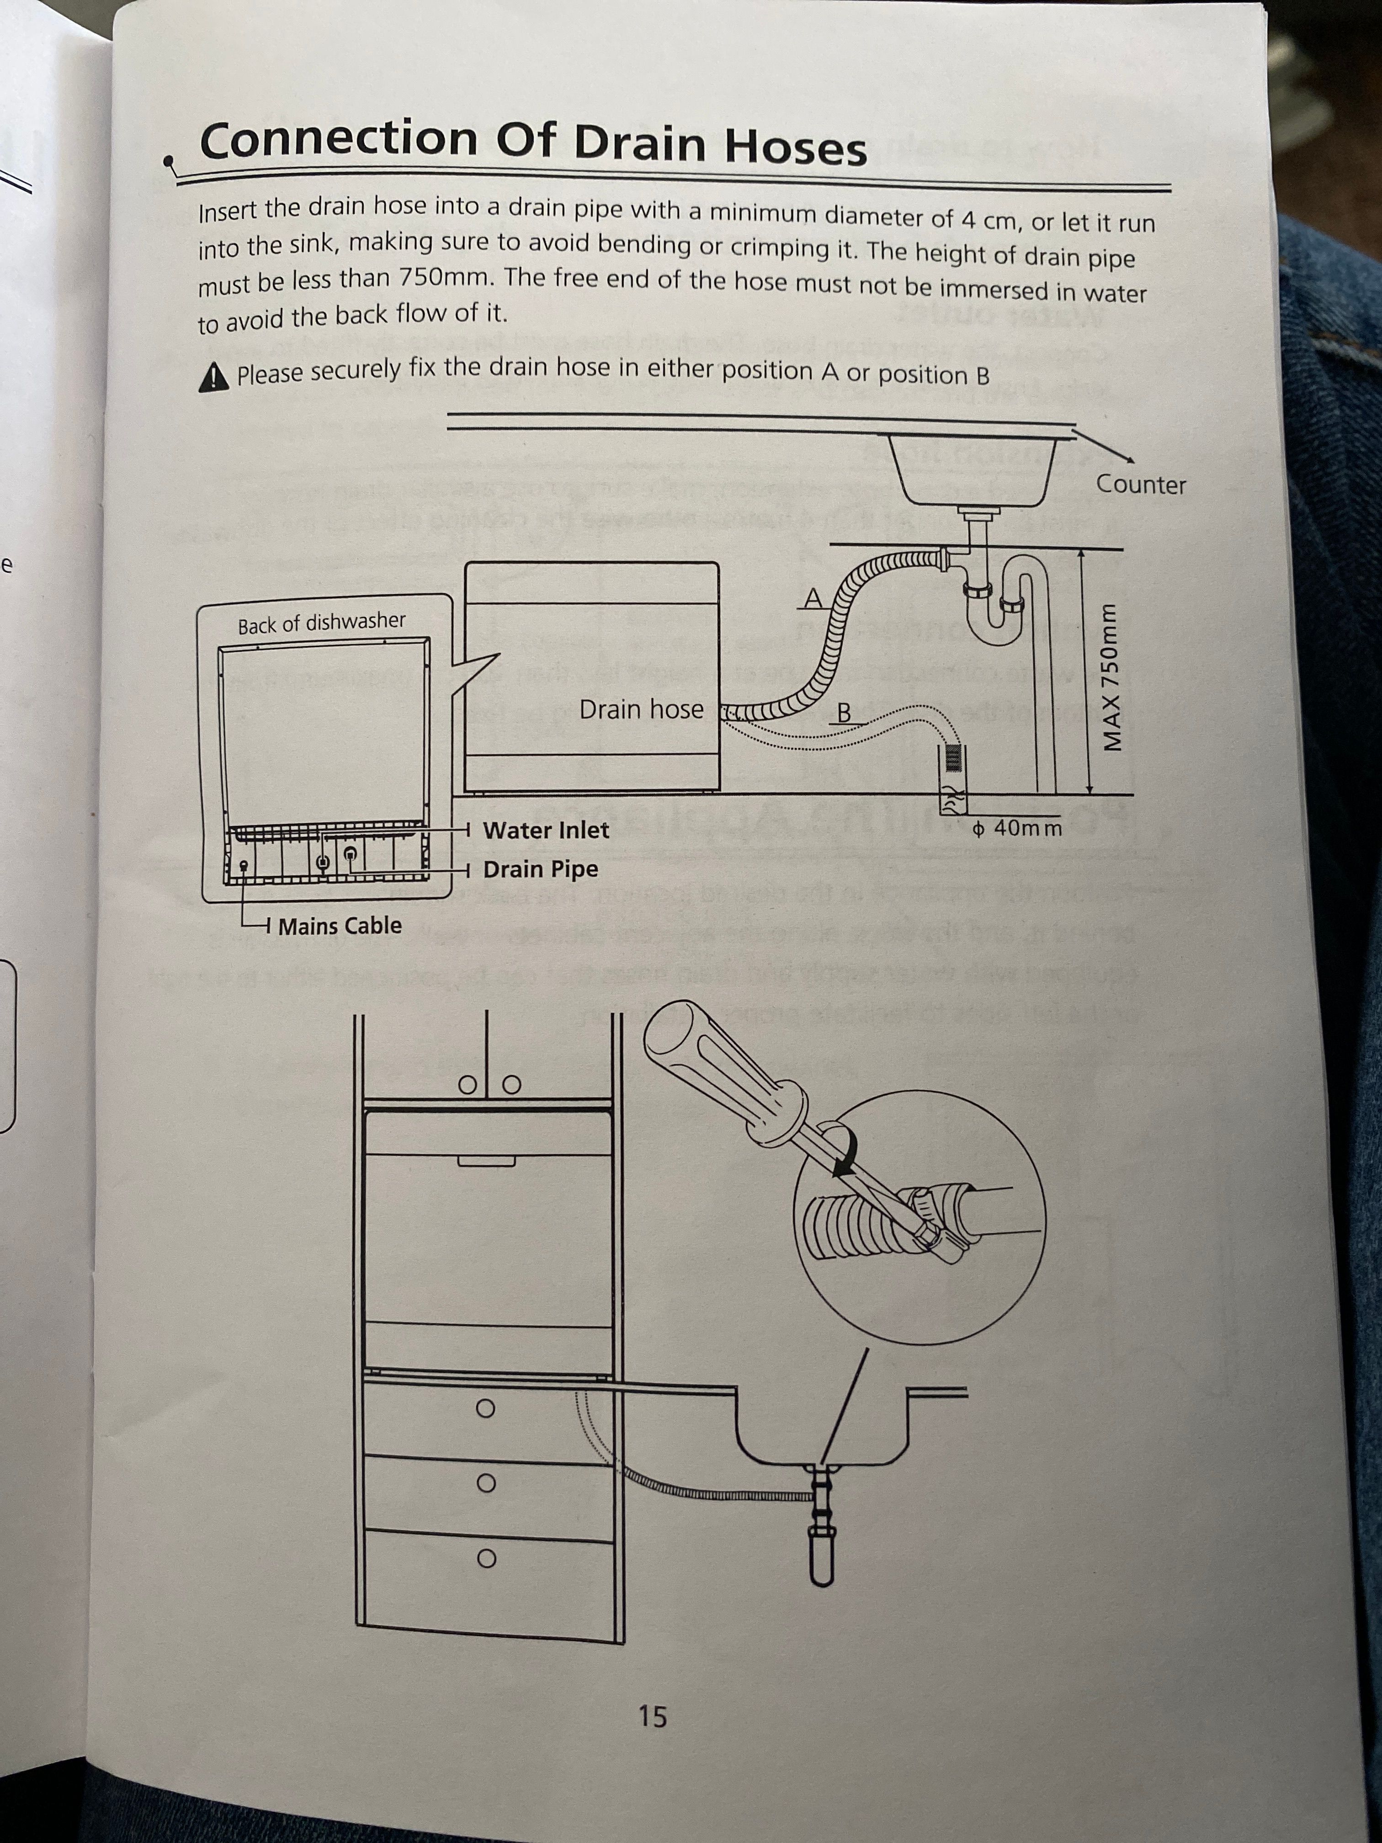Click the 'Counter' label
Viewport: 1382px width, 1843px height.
pyautogui.click(x=1140, y=484)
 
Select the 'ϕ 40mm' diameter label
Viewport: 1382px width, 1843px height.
pyautogui.click(x=1018, y=828)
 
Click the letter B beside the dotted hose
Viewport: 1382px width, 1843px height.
pyautogui.click(x=843, y=713)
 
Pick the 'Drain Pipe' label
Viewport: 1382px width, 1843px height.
pyautogui.click(x=541, y=869)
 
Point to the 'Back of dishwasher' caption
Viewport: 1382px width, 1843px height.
pyautogui.click(x=322, y=623)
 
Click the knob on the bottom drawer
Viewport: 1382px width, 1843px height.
pyautogui.click(x=487, y=1558)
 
